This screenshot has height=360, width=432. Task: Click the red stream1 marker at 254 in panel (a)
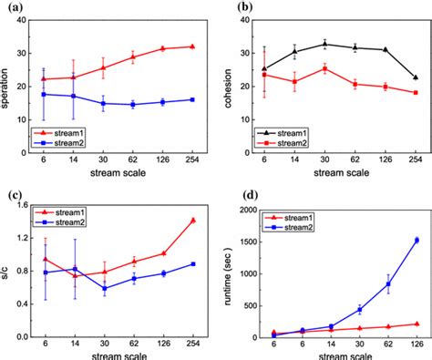tap(191, 46)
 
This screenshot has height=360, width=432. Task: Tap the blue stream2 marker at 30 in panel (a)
tap(103, 103)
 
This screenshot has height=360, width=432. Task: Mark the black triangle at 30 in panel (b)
tap(324, 43)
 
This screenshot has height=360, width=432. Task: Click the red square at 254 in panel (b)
tap(415, 93)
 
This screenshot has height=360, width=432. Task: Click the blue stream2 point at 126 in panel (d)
tap(415, 241)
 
